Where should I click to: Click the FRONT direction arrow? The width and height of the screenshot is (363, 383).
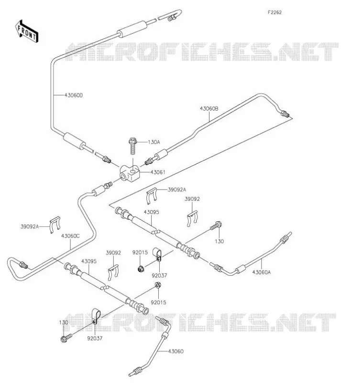(27, 32)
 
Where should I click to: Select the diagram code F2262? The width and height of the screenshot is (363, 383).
(275, 12)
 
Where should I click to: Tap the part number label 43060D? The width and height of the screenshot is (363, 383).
(74, 95)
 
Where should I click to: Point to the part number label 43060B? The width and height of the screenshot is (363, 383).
(209, 109)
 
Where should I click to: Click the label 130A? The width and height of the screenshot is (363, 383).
(154, 142)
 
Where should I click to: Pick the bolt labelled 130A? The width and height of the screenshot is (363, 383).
(132, 146)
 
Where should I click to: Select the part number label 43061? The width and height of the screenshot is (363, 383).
(158, 172)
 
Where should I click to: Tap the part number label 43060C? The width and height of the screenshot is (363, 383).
(70, 236)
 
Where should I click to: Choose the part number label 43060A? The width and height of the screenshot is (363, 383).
(262, 272)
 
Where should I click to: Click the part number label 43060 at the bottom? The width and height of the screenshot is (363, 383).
(176, 351)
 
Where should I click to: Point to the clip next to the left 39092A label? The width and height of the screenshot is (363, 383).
(55, 224)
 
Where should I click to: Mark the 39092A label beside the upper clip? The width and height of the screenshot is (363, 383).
(177, 190)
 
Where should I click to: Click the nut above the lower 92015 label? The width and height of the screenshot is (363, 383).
(158, 285)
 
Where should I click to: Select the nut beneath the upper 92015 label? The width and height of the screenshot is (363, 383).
(140, 269)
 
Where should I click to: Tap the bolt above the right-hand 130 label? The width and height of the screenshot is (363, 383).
(216, 225)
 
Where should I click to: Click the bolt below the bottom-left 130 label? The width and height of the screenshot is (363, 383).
(66, 338)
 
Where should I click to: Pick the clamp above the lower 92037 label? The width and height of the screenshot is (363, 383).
(95, 316)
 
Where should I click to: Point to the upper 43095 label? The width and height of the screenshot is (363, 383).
(151, 212)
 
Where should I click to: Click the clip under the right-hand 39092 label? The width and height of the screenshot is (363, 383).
(192, 218)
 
